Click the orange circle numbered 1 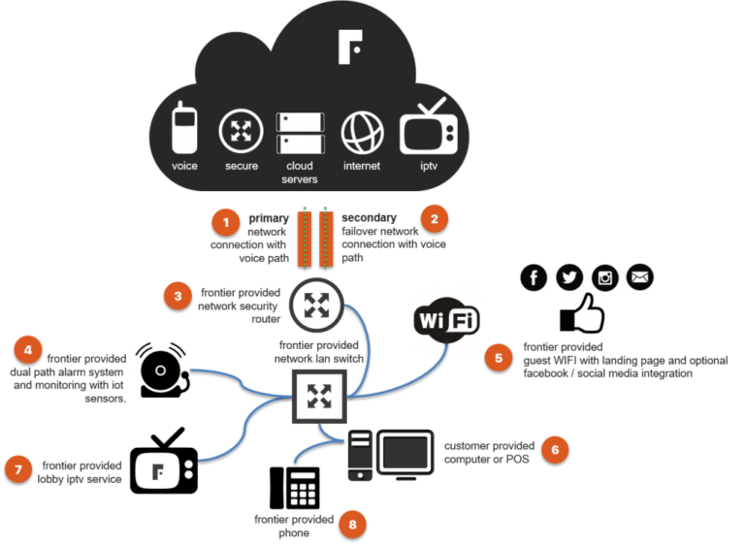tap(226, 222)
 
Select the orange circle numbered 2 tap(435, 218)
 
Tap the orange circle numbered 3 tap(178, 295)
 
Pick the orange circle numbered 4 tap(29, 349)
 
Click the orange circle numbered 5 tap(499, 357)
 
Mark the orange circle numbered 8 tap(353, 525)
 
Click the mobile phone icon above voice tap(184, 129)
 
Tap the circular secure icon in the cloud tap(241, 131)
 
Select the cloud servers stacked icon tap(300, 133)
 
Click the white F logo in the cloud tap(350, 48)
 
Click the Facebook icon tap(534, 277)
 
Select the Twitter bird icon tap(569, 277)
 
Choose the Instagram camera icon tap(605, 277)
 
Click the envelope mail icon tap(640, 277)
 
